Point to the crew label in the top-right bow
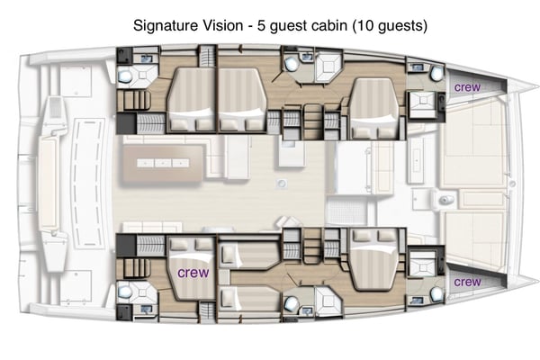[466, 86]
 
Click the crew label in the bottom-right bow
[466, 281]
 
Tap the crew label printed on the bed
[193, 271]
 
